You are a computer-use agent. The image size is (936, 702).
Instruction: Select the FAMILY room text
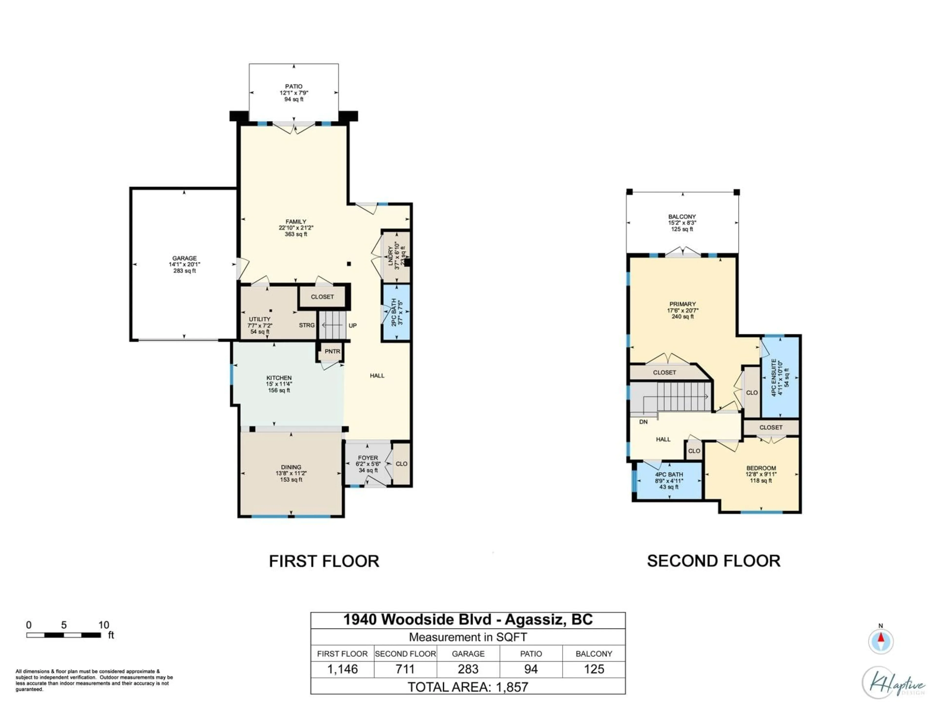tap(296, 222)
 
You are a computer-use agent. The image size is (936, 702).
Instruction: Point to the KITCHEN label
tap(279, 378)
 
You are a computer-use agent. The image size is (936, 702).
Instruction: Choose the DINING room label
tap(291, 467)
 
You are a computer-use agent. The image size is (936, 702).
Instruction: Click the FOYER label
tap(368, 458)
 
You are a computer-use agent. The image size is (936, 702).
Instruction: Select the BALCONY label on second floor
tap(682, 217)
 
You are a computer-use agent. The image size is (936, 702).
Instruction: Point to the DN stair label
tap(643, 422)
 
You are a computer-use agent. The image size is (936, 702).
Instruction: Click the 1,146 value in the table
tap(342, 669)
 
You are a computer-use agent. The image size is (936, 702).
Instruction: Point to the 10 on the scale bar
tap(104, 625)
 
